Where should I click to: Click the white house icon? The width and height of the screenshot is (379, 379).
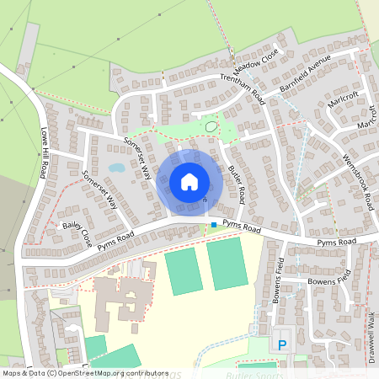[x=189, y=182]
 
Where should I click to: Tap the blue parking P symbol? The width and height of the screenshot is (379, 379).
[x=282, y=344]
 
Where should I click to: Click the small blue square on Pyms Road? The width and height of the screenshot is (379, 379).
[x=214, y=224]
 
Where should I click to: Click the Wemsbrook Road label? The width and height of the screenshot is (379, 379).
[x=359, y=182]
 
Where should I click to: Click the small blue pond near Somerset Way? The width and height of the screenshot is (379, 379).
[x=116, y=168]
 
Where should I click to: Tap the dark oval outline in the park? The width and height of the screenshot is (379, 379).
[x=211, y=126]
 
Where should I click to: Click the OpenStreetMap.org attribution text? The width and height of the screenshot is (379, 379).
[x=84, y=372]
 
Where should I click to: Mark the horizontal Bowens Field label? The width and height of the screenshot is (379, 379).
[x=328, y=281]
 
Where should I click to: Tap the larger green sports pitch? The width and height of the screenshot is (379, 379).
[x=227, y=263]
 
